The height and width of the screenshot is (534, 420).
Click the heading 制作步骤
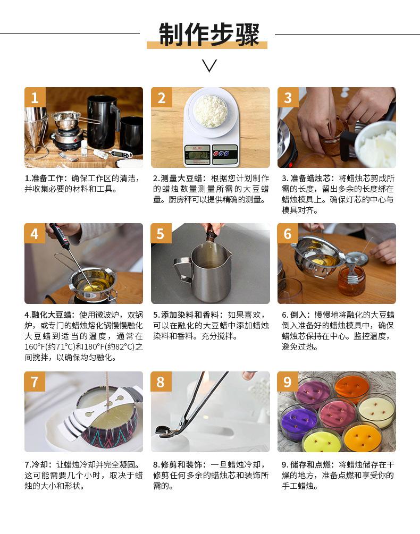click(209, 34)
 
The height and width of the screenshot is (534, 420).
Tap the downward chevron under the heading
click(209, 65)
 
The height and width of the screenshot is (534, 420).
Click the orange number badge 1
click(35, 97)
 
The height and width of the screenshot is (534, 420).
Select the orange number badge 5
click(161, 233)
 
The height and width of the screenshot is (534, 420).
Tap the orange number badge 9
click(288, 382)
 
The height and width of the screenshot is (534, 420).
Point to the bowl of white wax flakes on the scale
click(211, 111)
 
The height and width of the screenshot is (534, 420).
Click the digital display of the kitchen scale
click(197, 154)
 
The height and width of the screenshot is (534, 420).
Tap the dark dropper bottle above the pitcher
click(211, 235)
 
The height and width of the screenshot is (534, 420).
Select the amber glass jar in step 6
click(351, 280)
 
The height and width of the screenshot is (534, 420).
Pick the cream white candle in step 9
click(376, 411)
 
